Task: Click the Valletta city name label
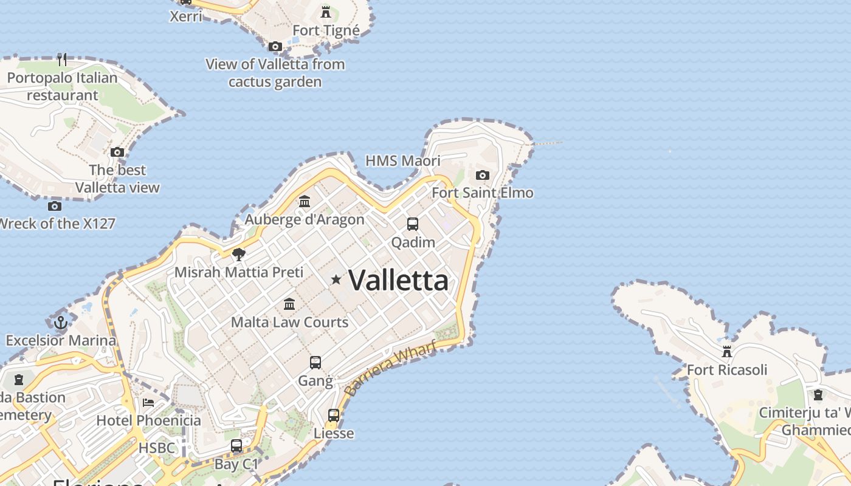399,280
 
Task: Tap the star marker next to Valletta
336,279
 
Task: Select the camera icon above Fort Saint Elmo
482,175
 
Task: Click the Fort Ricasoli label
726,369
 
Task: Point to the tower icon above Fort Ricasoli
726,351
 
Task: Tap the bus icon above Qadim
413,224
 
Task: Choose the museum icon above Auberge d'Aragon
305,201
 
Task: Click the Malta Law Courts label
289,322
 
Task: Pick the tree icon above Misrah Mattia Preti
239,254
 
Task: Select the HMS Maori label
402,161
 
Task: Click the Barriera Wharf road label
390,369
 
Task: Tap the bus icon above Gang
315,363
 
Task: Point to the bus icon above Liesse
334,416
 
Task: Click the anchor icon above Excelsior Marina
60,323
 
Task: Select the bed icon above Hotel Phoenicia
148,402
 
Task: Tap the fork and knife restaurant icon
62,60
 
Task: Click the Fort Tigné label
326,30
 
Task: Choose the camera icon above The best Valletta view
117,152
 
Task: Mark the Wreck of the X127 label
57,224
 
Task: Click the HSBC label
157,448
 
